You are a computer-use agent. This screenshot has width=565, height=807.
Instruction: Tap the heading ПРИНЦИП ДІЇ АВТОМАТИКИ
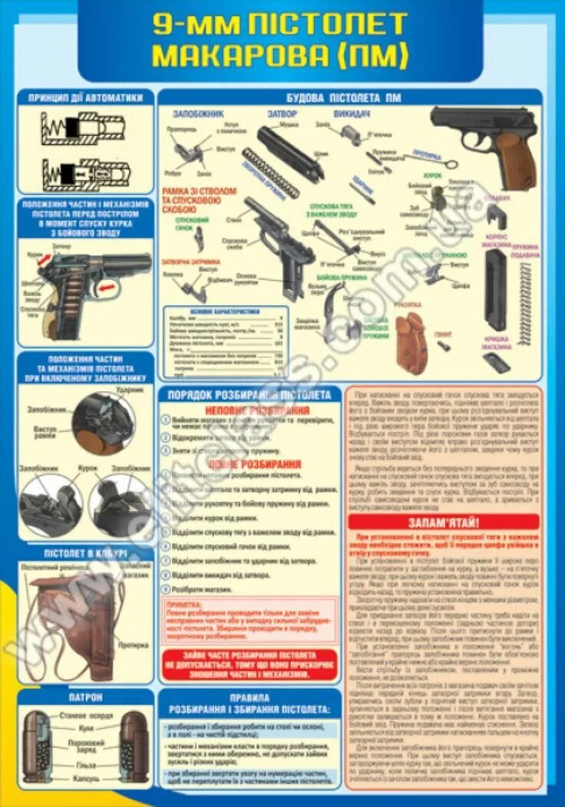pos(86,97)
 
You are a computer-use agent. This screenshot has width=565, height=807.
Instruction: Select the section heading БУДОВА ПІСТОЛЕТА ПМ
pos(350,98)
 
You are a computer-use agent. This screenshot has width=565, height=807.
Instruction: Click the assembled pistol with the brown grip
pos(484,142)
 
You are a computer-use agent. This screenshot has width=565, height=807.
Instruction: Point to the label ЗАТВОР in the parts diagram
pos(282,114)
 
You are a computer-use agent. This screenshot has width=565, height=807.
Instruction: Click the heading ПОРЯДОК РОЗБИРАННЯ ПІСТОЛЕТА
pos(249,395)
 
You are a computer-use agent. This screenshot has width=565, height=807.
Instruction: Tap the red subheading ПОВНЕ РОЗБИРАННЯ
pos(249,464)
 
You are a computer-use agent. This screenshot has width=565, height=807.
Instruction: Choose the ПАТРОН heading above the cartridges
pos(86,697)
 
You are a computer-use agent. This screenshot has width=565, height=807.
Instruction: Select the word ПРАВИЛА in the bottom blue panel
pos(249,698)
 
